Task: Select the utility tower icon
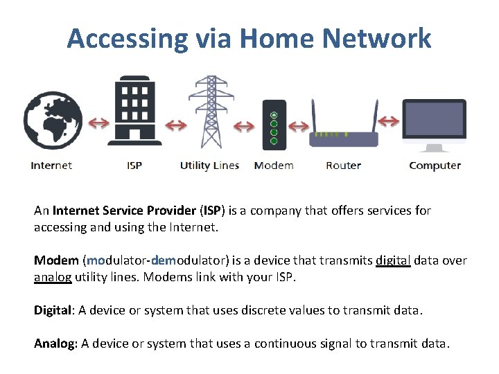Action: [207, 114]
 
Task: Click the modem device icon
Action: [274, 125]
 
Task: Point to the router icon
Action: [343, 135]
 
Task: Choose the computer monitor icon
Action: [435, 125]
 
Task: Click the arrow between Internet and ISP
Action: [98, 123]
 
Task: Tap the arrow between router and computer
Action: [389, 122]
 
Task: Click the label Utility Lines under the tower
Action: [209, 166]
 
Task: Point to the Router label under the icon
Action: [343, 166]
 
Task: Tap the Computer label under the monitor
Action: [435, 166]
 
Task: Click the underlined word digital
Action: [393, 260]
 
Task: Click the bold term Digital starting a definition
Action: [53, 310]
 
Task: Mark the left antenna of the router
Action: [315, 114]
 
